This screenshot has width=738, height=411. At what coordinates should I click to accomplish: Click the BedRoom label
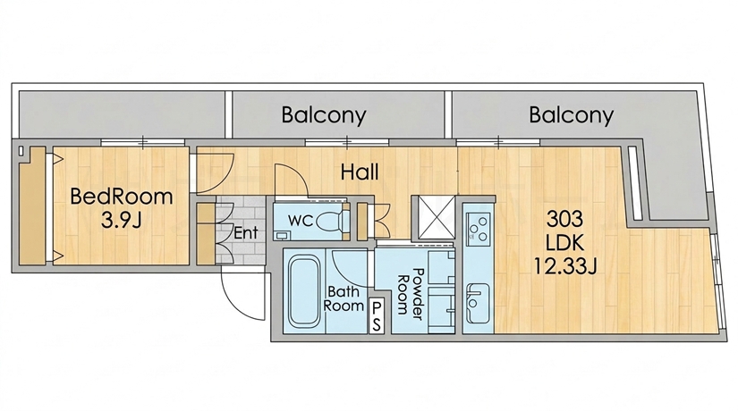pyautogui.click(x=122, y=196)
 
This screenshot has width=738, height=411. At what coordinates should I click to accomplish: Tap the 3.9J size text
pyautogui.click(x=122, y=220)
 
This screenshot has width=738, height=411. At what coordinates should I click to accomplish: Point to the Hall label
pyautogui.click(x=360, y=172)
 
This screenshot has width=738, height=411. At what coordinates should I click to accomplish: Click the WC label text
pyautogui.click(x=301, y=220)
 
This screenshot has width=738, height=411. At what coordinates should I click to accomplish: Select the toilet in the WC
pyautogui.click(x=332, y=220)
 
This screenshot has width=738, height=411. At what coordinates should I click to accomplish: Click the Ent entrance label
pyautogui.click(x=246, y=233)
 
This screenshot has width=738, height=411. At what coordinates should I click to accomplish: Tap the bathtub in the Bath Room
pyautogui.click(x=304, y=291)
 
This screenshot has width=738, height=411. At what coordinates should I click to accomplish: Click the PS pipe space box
pyautogui.click(x=377, y=316)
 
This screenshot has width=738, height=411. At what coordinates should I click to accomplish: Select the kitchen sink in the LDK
pyautogui.click(x=478, y=303)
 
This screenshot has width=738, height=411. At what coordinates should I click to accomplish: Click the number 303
pyautogui.click(x=564, y=219)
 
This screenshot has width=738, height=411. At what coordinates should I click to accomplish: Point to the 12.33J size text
pyautogui.click(x=565, y=266)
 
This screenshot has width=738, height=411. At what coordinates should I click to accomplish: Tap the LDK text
pyautogui.click(x=564, y=243)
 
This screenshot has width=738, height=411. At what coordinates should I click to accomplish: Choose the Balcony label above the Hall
pyautogui.click(x=324, y=115)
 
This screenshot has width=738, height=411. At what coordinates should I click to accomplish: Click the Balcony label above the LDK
pyautogui.click(x=572, y=115)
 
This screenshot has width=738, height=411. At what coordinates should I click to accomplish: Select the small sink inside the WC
pyautogui.click(x=282, y=234)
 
